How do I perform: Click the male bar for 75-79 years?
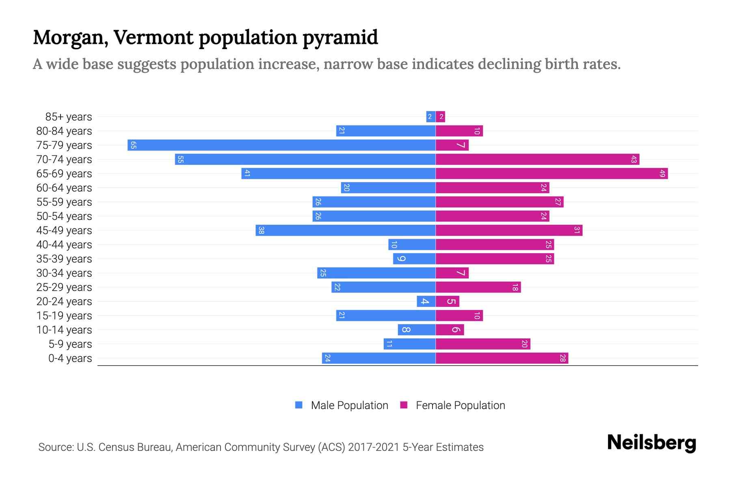coord(281,145)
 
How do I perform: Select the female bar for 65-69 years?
coord(551,174)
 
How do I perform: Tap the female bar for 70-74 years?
coord(537,159)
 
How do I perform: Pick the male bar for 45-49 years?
coord(346,231)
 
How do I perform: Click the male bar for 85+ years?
coord(430,117)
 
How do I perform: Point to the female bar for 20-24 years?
coord(447,302)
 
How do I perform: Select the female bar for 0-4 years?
coord(502,358)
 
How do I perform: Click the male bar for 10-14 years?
coord(416,330)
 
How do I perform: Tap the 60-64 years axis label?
coord(64,188)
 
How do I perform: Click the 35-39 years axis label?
coord(64,259)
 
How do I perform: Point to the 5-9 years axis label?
coord(70,344)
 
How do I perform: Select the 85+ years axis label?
coord(69,117)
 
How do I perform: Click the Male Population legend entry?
coord(342,405)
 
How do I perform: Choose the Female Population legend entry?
coord(452,405)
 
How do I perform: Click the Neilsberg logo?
coord(651,443)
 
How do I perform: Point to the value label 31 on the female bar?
coord(577,231)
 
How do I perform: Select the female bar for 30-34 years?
coord(452,273)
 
